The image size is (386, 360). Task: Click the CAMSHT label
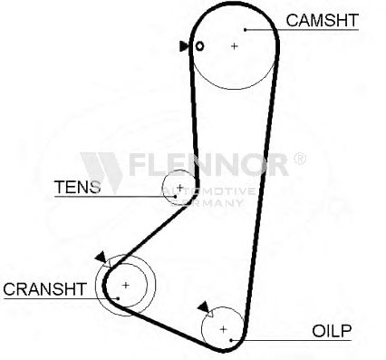point(322,20)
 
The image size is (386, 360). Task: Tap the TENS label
point(77,187)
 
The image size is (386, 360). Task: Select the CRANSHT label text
point(44,289)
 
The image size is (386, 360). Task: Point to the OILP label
point(332,331)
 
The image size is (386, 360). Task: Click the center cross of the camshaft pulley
point(234,46)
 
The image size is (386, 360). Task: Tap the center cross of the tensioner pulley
point(179,188)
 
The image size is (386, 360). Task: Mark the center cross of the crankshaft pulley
point(126,285)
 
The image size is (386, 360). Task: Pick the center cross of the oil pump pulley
point(223,329)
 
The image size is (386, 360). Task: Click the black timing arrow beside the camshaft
point(184,46)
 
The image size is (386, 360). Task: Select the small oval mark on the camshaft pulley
point(199,46)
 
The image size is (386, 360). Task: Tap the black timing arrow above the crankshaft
point(101,257)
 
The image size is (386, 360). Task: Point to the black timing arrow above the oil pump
point(203,306)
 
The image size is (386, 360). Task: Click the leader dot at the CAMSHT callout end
point(246,30)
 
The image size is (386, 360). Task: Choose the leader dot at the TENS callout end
point(175,196)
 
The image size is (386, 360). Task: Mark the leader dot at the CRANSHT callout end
point(119,298)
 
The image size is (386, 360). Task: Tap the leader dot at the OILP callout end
point(231,340)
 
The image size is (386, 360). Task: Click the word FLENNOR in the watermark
point(208,164)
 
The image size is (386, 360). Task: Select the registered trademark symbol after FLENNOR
point(300,159)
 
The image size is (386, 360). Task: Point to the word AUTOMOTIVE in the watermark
point(208,191)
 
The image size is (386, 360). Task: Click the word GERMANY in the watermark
point(207,202)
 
